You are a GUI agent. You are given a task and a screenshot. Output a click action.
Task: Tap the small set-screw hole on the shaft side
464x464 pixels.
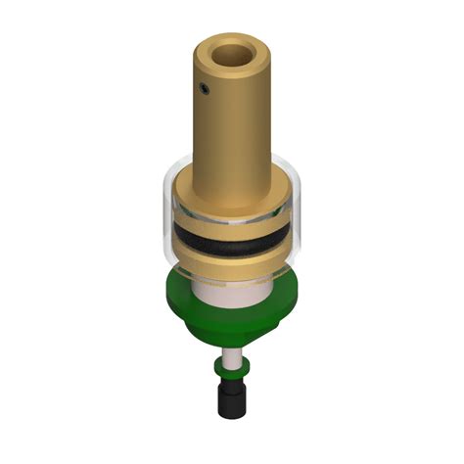(204, 89)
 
